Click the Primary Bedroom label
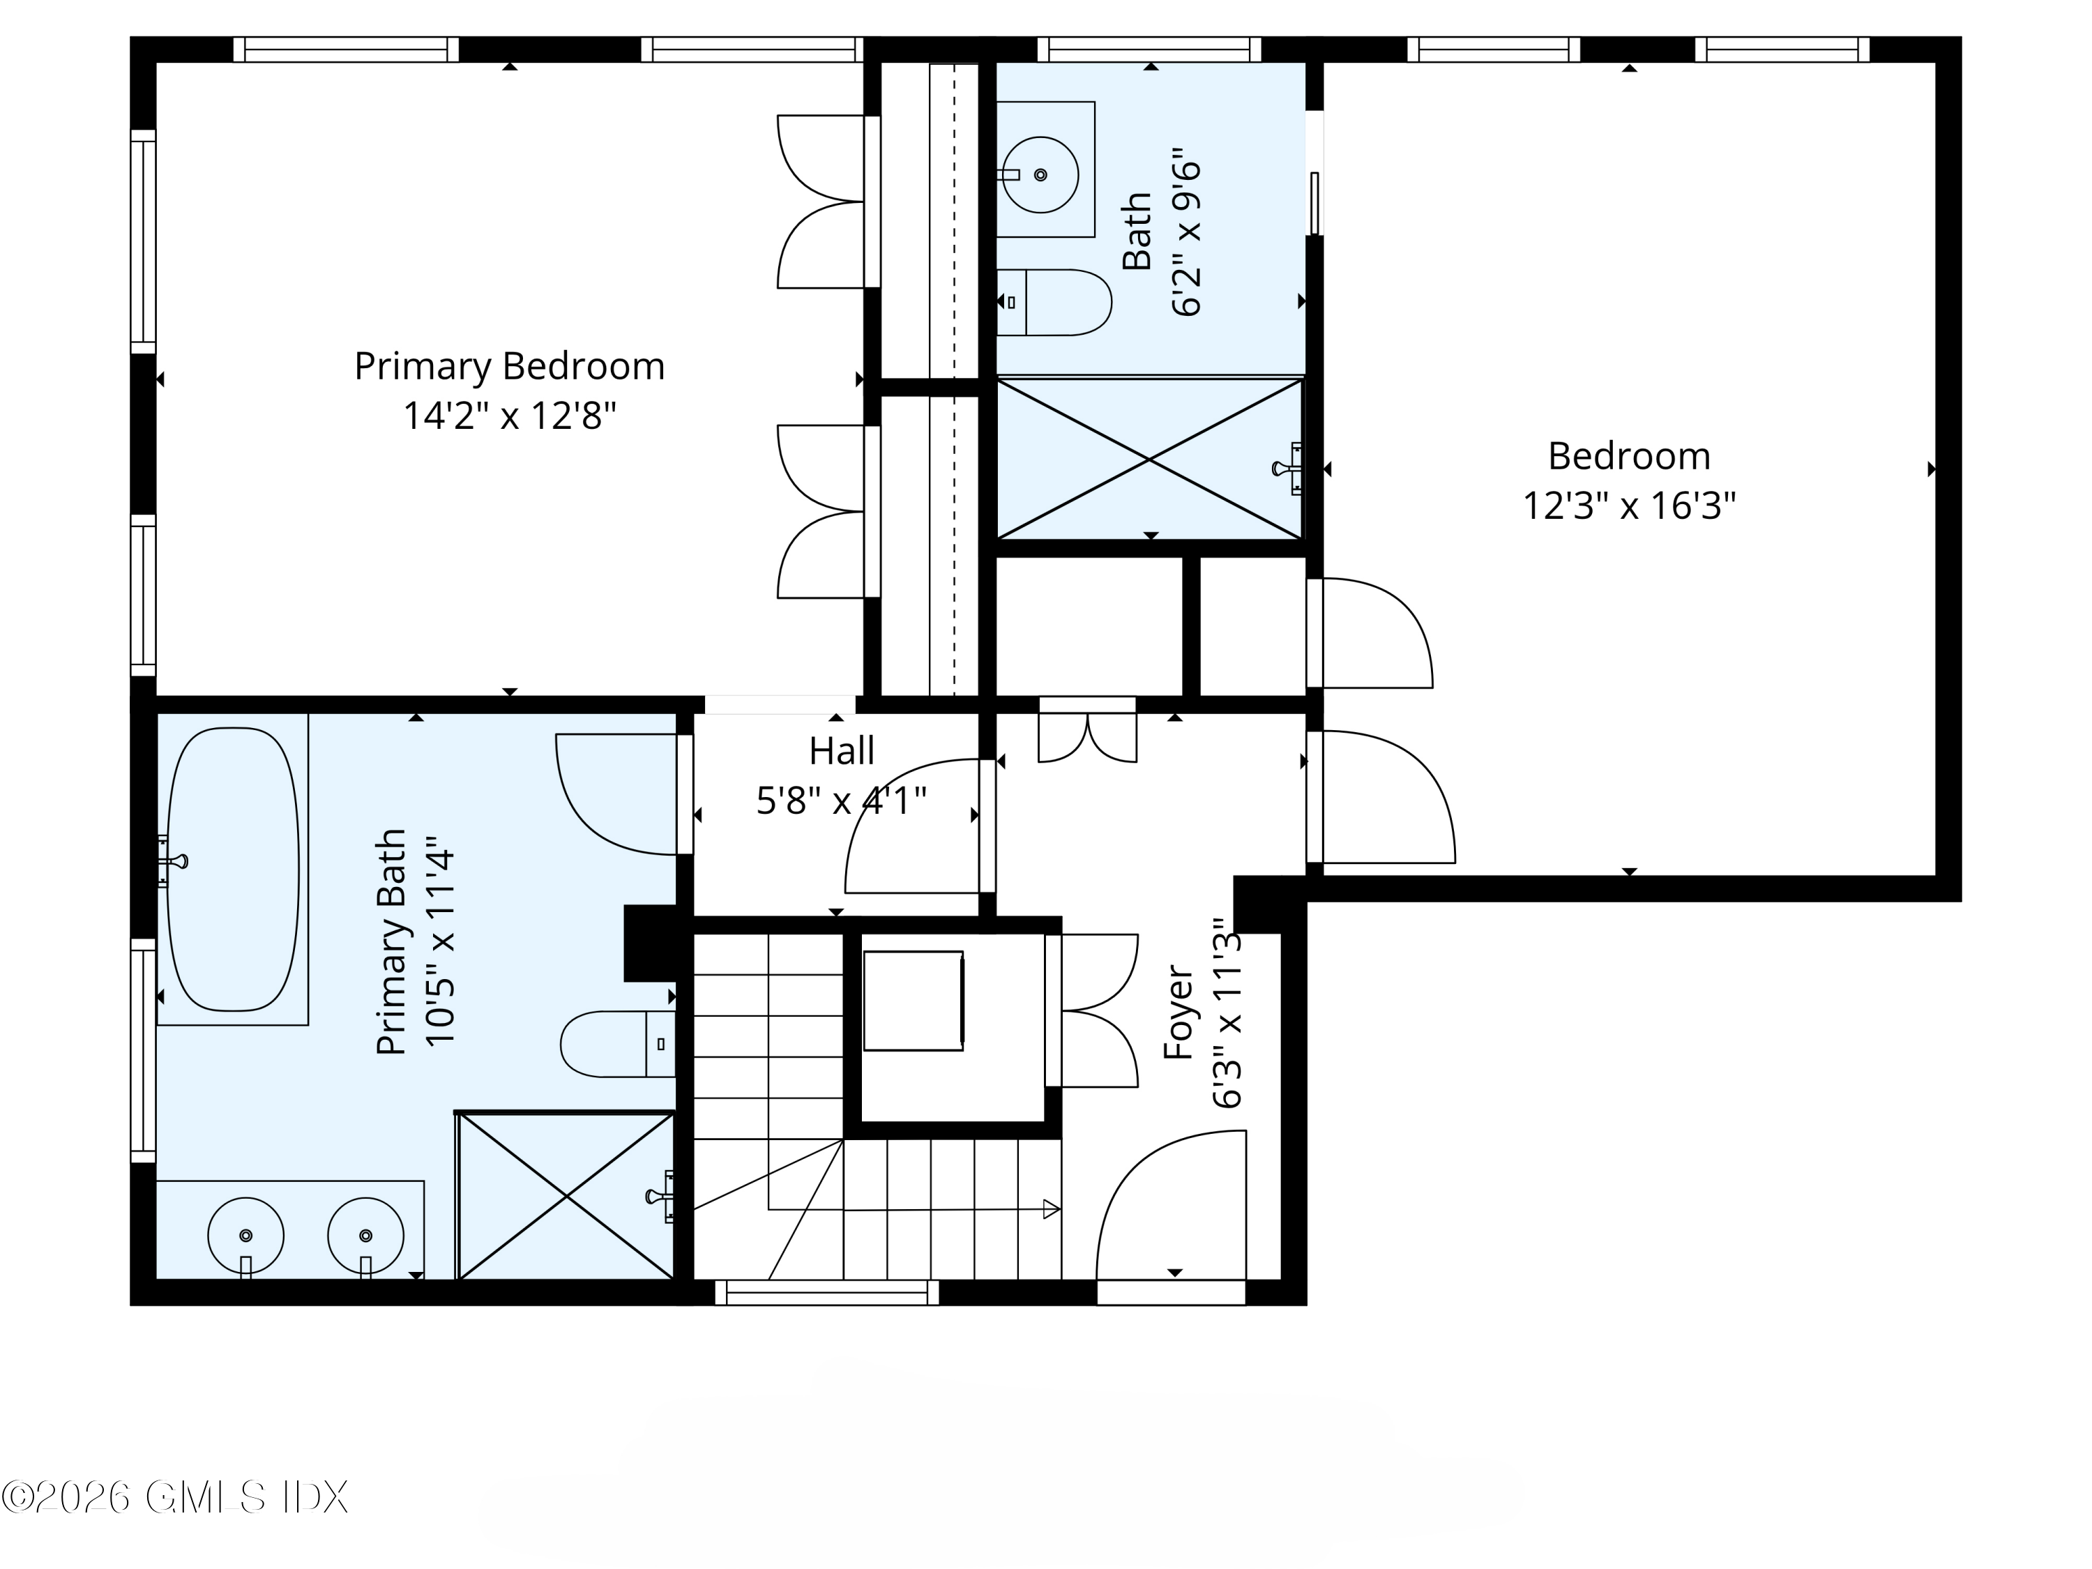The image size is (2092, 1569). (509, 367)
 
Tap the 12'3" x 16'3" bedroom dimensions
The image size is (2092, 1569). (1628, 506)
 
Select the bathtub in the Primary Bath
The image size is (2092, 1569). (233, 868)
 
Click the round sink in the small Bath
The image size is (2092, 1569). (1040, 175)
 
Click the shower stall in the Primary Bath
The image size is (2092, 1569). (566, 1197)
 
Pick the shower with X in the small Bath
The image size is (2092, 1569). (1149, 460)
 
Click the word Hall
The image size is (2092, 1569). (841, 751)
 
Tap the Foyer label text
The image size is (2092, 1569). (1178, 1012)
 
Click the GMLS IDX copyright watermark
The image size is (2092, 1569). (176, 1497)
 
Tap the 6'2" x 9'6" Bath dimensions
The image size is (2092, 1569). (1186, 232)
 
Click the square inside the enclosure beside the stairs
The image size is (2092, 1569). (914, 1001)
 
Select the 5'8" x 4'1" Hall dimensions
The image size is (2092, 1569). (841, 801)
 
